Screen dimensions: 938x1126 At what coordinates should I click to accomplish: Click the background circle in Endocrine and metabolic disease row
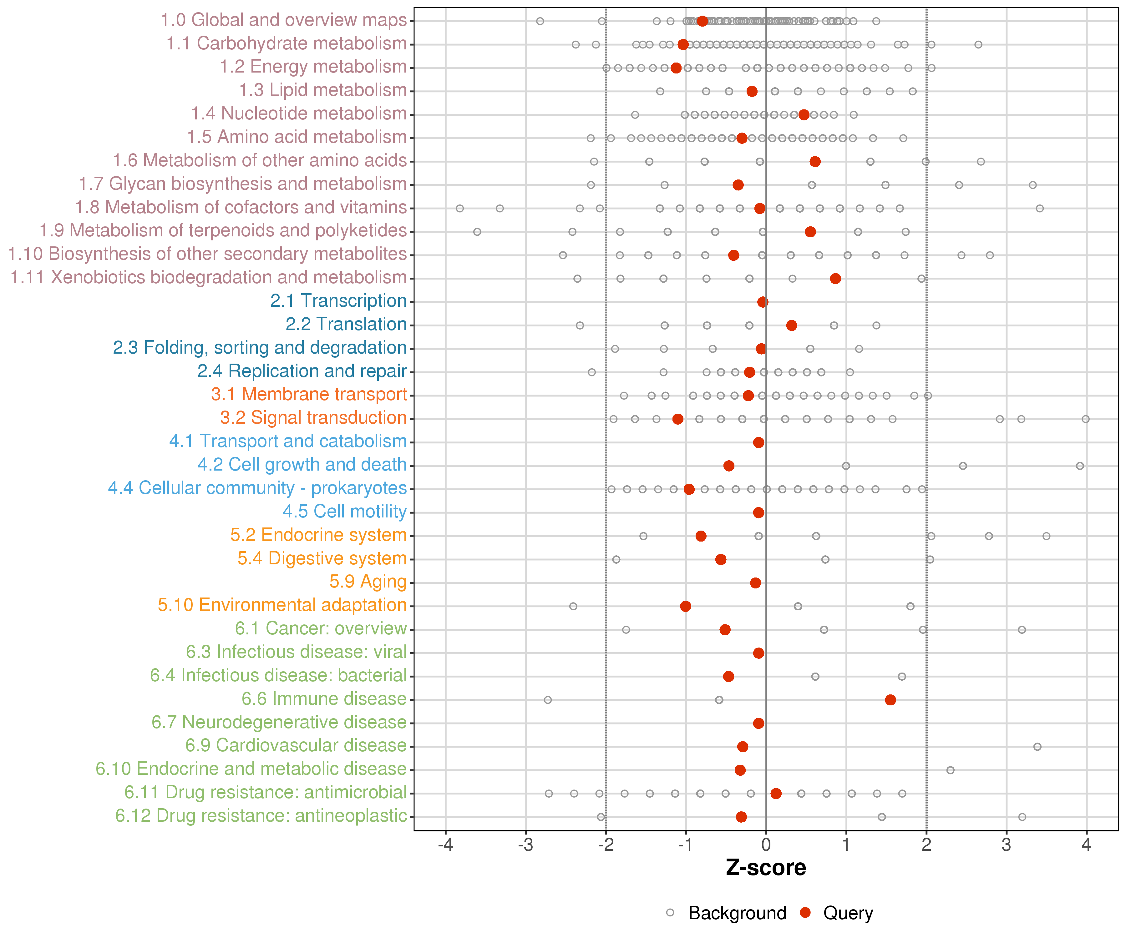click(950, 770)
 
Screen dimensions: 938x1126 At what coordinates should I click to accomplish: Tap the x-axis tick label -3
click(525, 845)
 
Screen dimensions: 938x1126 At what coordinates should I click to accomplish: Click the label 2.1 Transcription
click(338, 301)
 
